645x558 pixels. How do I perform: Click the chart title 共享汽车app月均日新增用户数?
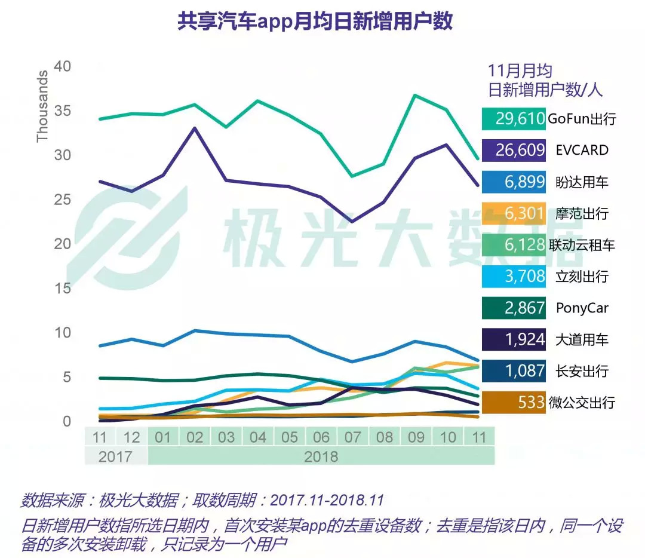pos(315,22)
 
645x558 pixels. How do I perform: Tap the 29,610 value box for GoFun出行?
pos(514,118)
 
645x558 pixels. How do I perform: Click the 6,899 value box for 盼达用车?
pos(514,182)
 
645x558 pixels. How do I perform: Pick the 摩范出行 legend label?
pos(578,213)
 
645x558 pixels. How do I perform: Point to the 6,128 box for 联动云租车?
pos(514,244)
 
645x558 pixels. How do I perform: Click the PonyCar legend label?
pos(582,308)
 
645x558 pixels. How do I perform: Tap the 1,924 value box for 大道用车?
pos(514,339)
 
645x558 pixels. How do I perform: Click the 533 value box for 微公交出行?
pos(514,402)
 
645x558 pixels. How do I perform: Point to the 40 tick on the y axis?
pos(63,66)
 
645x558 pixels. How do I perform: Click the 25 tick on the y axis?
pos(63,200)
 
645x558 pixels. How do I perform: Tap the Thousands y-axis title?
pos(42,106)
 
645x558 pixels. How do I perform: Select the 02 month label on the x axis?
pos(195,437)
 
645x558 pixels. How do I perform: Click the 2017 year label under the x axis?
pos(115,456)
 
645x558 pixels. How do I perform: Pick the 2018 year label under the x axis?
pos(321,456)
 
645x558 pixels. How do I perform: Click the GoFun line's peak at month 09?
pos(415,95)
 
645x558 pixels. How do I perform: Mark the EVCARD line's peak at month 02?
pos(195,128)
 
